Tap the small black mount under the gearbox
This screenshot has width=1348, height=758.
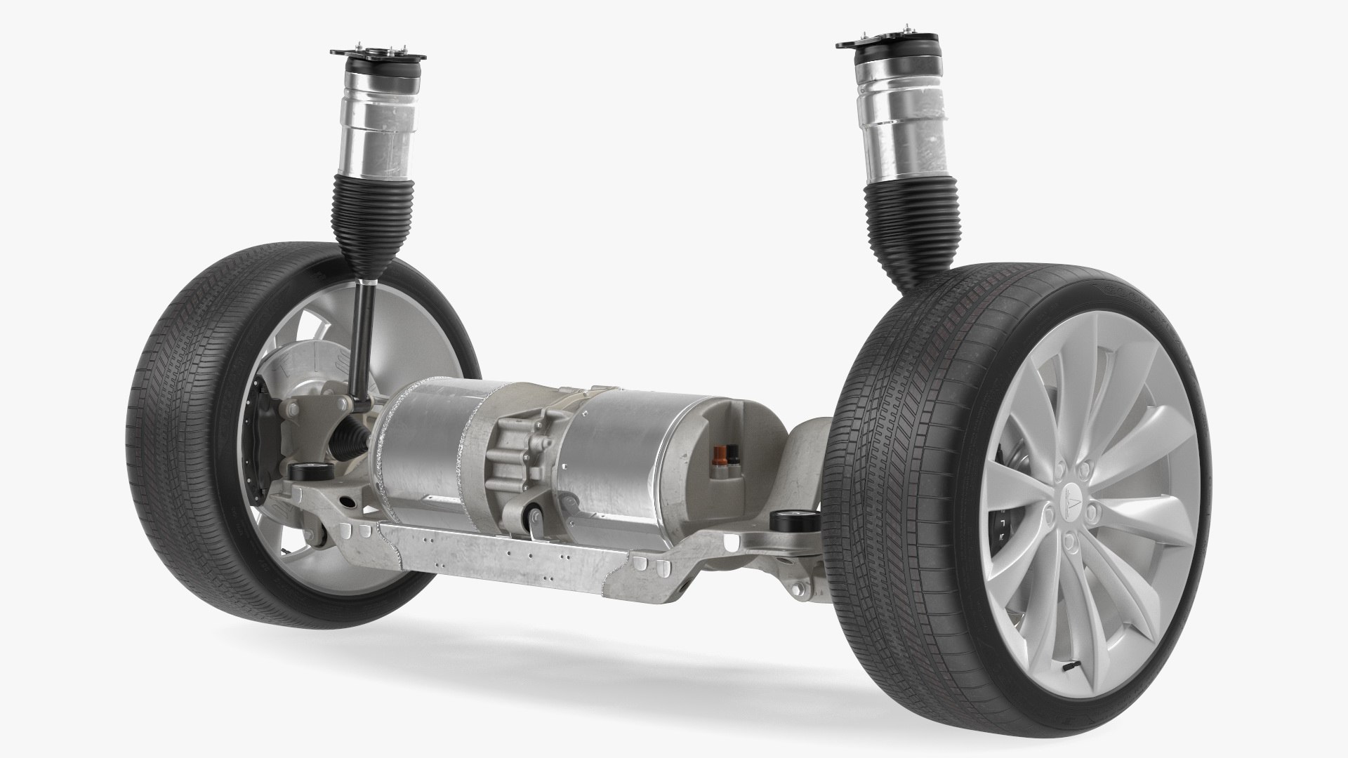coord(532,519)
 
